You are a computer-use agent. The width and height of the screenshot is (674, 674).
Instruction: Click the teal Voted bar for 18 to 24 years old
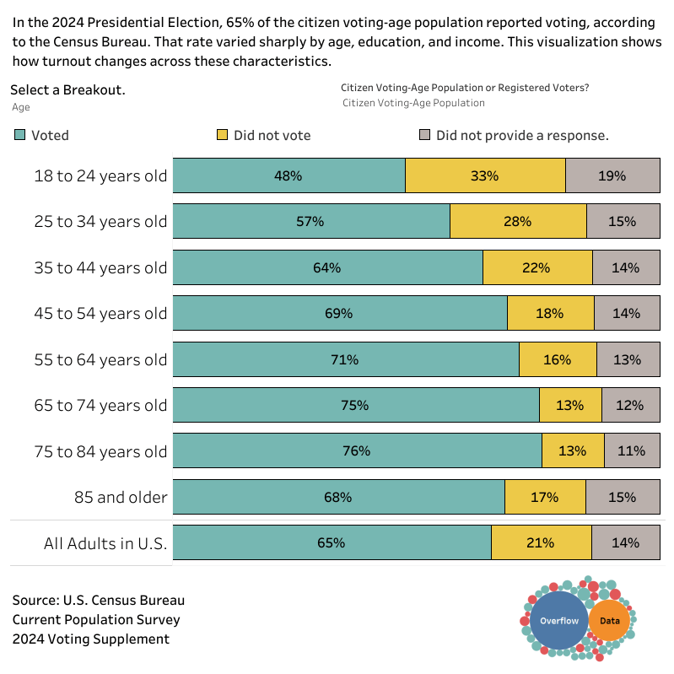[x=288, y=176]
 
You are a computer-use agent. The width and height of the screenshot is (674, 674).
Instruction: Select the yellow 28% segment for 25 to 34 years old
[x=518, y=222]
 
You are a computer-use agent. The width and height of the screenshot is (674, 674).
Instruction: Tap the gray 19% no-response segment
[x=612, y=176]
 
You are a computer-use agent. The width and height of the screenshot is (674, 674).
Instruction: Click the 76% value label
[x=357, y=451]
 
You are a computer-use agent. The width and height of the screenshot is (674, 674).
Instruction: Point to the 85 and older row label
[x=121, y=497]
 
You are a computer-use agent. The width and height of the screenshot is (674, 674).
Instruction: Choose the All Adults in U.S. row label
[x=105, y=543]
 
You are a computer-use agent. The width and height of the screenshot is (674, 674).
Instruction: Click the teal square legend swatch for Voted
[x=19, y=135]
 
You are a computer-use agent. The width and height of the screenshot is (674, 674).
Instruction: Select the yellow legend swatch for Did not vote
[x=222, y=135]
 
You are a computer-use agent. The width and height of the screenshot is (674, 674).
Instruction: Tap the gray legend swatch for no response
[x=425, y=135]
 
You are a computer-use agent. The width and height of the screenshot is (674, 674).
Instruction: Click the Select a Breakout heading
[x=67, y=90]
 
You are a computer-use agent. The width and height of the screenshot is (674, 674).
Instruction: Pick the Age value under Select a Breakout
[x=21, y=107]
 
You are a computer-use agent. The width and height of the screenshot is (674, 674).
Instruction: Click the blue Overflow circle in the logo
[x=559, y=621]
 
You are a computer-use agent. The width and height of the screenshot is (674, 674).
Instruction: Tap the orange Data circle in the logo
[x=609, y=621]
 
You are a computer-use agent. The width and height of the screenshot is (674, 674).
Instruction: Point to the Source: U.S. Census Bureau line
[x=98, y=601]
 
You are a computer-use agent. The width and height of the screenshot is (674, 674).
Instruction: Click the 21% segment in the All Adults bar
[x=541, y=543]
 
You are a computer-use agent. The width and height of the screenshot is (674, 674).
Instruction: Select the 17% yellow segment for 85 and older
[x=545, y=497]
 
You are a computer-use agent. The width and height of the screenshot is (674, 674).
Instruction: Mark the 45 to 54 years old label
[x=100, y=314]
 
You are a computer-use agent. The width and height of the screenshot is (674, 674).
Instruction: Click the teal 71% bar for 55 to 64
[x=345, y=359]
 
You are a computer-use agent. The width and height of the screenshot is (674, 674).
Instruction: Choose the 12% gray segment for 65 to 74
[x=630, y=405]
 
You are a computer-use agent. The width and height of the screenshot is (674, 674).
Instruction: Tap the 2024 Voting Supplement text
[x=90, y=639]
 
